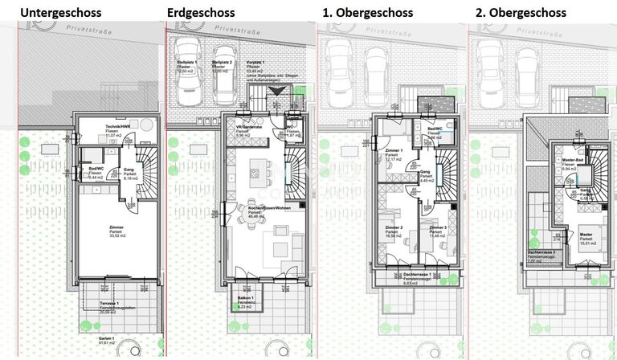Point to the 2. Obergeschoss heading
tap(520, 13)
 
